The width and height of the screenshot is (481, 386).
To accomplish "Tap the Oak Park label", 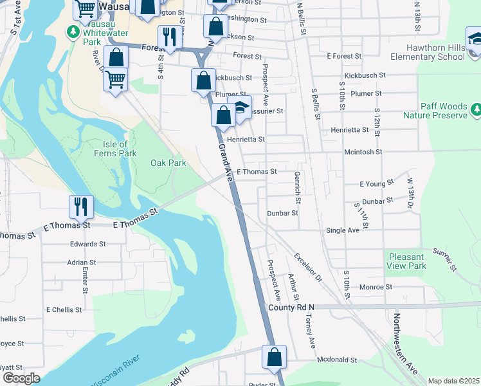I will point(168,163).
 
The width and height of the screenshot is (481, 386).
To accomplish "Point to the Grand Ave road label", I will point(225,163).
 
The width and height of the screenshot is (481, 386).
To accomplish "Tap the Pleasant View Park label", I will point(407,261).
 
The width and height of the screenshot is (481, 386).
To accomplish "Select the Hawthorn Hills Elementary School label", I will point(435,52).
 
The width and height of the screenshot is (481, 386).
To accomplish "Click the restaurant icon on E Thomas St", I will point(82,207).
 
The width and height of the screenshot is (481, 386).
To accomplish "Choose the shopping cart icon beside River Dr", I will point(116,80).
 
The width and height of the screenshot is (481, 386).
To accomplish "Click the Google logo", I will point(21,378).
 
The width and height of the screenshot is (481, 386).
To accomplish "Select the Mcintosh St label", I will point(363,152).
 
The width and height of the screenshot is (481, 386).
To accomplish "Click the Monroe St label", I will point(376,287).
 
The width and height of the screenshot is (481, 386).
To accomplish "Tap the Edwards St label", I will point(87,244).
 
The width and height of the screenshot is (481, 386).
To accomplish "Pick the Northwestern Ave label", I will point(405,345).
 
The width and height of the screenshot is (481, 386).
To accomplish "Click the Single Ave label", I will point(343,230).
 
